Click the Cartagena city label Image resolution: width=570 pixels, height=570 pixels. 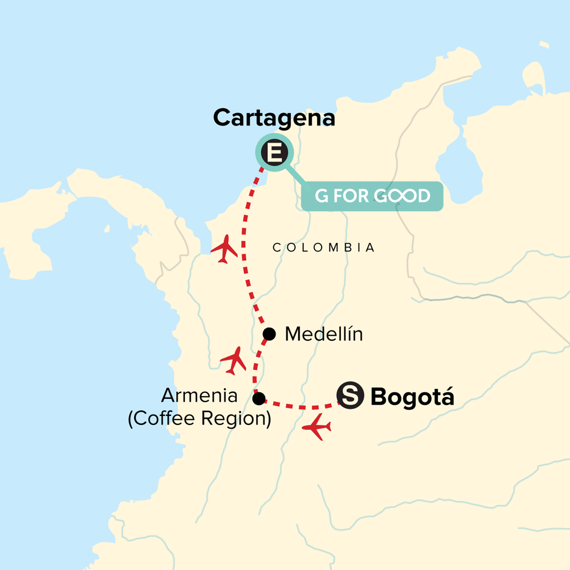pyautogui.click(x=274, y=118)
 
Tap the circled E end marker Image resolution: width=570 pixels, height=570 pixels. pyautogui.click(x=275, y=153)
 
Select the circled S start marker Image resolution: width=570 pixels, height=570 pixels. pyautogui.click(x=350, y=395)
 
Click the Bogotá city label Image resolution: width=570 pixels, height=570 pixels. pyautogui.click(x=412, y=397)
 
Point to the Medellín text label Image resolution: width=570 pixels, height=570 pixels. pyautogui.click(x=323, y=334)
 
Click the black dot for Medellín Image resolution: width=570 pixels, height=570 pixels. pyautogui.click(x=269, y=334)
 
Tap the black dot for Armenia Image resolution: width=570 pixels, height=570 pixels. pyautogui.click(x=259, y=399)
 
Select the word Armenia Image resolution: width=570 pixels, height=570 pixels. pyautogui.click(x=199, y=395)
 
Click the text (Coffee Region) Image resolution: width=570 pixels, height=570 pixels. pyautogui.click(x=199, y=418)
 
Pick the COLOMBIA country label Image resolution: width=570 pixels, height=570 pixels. pyautogui.click(x=324, y=247)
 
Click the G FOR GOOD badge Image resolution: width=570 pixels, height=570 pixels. pyautogui.click(x=372, y=196)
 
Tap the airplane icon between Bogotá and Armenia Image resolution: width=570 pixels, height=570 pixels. pyautogui.click(x=317, y=427)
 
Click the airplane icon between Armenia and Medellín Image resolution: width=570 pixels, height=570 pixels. pyautogui.click(x=233, y=360)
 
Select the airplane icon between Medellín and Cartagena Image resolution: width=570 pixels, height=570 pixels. pyautogui.click(x=224, y=248)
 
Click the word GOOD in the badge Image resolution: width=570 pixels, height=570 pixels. pyautogui.click(x=402, y=196)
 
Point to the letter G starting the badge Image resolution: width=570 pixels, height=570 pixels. pyautogui.click(x=322, y=196)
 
